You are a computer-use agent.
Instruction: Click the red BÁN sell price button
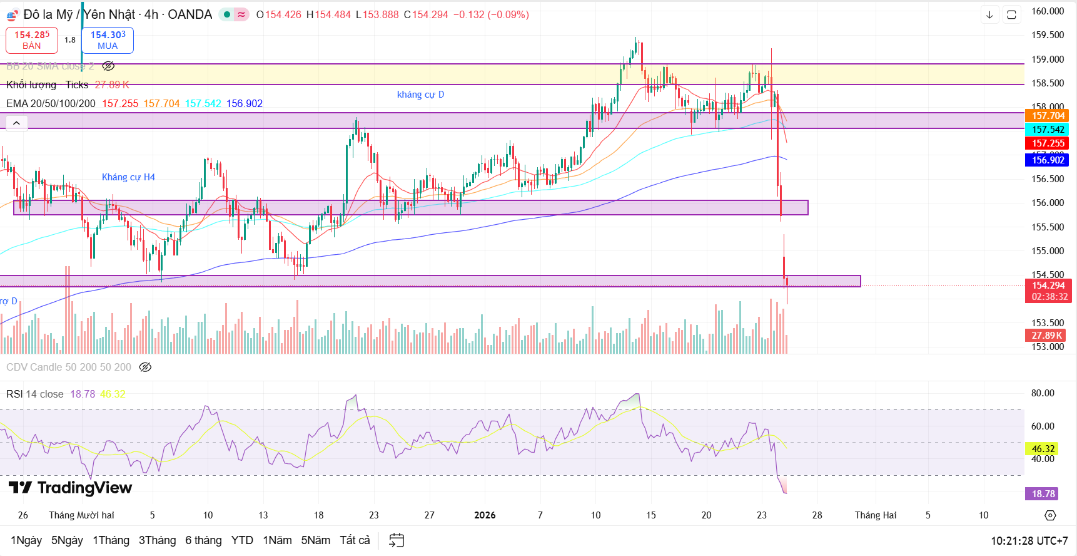point(32,40)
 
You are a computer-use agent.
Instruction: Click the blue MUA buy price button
point(108,40)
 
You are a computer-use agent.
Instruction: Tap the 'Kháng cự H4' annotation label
point(128,177)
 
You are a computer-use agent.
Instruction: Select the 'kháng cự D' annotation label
point(420,95)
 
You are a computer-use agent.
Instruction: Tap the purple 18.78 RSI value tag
point(1043,494)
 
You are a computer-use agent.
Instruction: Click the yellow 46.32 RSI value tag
point(1043,449)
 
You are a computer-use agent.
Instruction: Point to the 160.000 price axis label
point(1048,11)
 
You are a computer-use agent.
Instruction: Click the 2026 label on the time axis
point(485,515)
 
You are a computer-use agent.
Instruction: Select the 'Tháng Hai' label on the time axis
point(876,515)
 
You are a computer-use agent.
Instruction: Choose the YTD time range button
point(242,540)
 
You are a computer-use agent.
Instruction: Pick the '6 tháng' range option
point(203,540)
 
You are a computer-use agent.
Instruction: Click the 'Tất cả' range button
point(355,540)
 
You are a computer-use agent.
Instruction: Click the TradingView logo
point(70,488)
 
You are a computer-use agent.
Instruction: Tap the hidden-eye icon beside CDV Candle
point(145,368)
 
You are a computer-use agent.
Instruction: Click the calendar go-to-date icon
point(397,540)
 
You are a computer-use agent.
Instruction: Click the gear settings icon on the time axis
point(1050,515)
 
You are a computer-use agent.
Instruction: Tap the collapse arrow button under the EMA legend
point(16,123)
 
